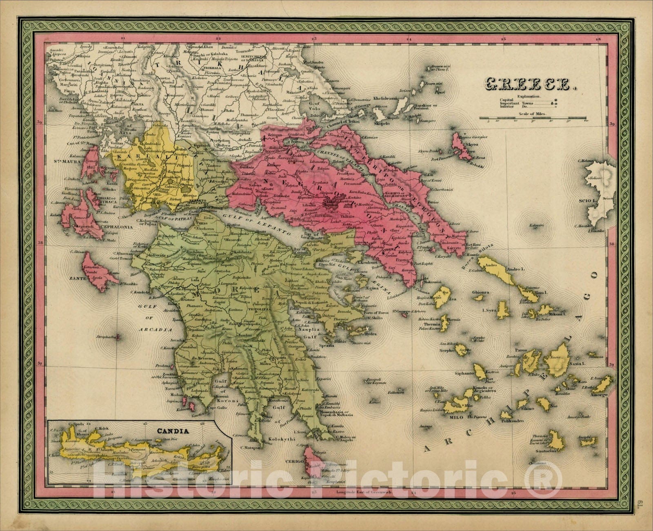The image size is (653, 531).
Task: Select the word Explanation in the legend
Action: click(x=528, y=97)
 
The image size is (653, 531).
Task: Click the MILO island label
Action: click(x=452, y=415)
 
